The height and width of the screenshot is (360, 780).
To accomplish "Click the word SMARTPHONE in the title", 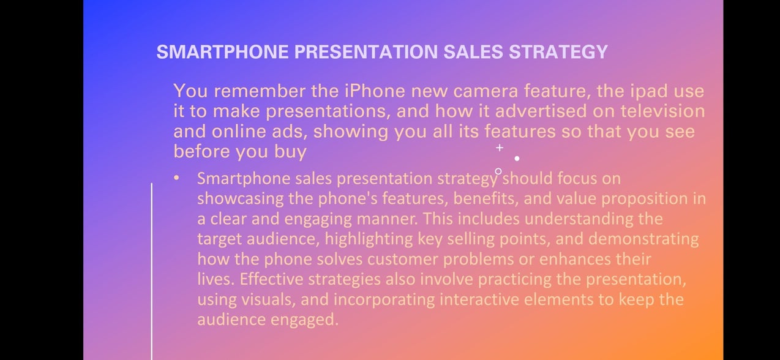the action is coord(222,52).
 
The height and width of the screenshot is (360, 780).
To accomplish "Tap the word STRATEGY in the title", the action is coord(558,52).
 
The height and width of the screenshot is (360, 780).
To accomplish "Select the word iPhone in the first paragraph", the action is coord(375,91).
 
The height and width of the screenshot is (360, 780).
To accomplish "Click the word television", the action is coord(662,111).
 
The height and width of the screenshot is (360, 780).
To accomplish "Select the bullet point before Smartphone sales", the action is coord(176,178).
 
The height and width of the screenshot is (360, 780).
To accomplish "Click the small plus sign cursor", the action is coord(500,148).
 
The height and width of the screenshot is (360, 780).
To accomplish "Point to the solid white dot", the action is coord(517,159).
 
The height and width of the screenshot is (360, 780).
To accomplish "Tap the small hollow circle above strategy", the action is coord(498,171).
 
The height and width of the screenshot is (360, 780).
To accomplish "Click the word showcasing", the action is coord(241,199).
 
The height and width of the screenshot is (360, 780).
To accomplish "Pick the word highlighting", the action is coord(369,239).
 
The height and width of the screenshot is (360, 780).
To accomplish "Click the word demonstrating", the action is coord(643,239).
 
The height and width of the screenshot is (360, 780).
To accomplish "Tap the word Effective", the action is coord(272,279).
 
